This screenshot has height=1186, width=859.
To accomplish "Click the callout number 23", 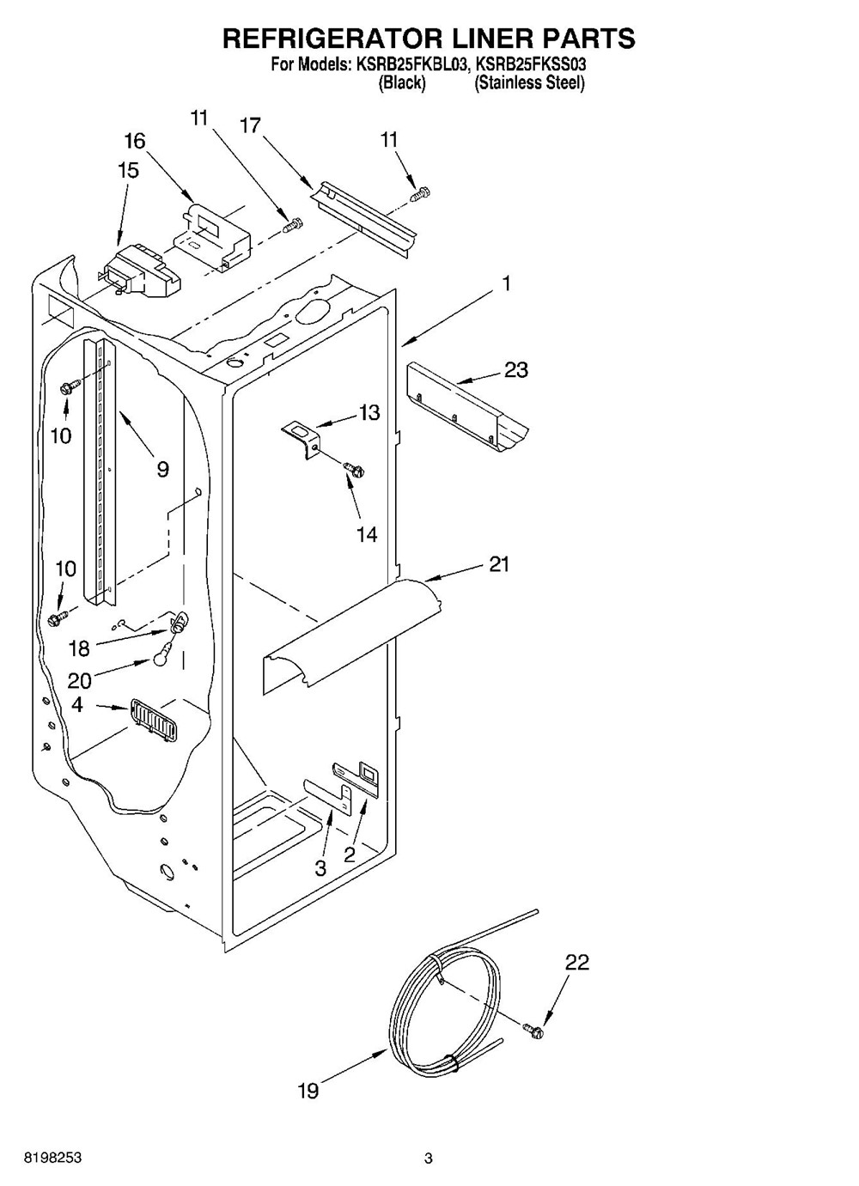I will [x=515, y=370].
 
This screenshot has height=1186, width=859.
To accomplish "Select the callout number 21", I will [x=499, y=564].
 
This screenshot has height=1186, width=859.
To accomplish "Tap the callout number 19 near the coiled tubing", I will [x=308, y=1091].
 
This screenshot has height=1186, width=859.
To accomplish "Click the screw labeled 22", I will [x=533, y=1029].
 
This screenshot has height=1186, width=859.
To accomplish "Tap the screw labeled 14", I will [x=353, y=468].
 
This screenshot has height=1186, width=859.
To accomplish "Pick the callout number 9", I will [x=162, y=468].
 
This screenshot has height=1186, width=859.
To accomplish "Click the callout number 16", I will [x=135, y=141].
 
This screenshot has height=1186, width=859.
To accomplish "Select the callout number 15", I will [x=128, y=171].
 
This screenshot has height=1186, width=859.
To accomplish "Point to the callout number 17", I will [x=250, y=125].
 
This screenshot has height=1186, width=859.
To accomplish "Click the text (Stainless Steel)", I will [x=529, y=83].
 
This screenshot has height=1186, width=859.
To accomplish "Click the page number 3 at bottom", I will [x=428, y=1159].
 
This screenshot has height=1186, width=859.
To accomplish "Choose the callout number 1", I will [x=507, y=283].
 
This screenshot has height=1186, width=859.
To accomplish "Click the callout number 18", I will [x=79, y=649].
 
